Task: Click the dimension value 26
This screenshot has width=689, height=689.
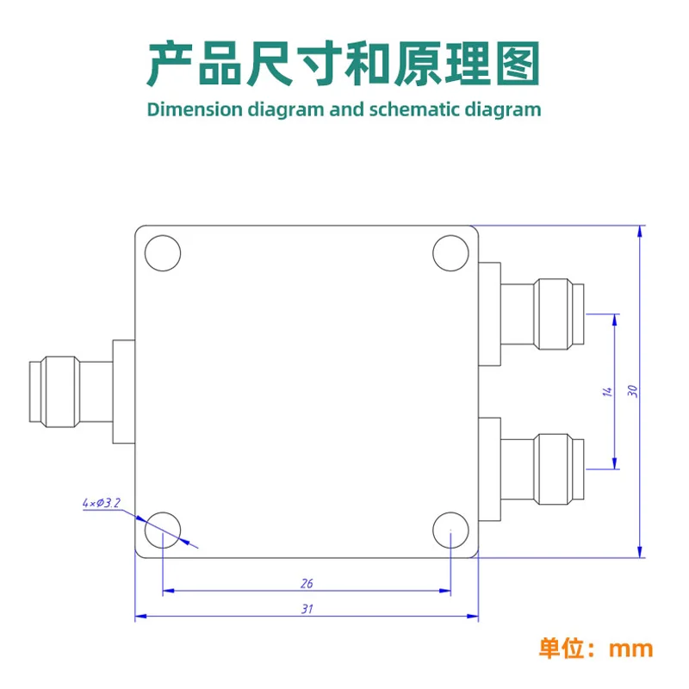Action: tap(307, 584)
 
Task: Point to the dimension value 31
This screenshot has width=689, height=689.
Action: tap(307, 609)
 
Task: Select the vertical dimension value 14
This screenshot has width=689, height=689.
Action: tap(607, 392)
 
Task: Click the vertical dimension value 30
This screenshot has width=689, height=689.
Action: tap(632, 391)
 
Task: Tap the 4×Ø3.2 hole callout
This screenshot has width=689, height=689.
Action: tap(101, 503)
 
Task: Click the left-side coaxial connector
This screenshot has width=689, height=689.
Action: tap(82, 392)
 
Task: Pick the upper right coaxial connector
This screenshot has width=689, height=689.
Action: tap(531, 314)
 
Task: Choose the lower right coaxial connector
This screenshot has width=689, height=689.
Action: tap(531, 469)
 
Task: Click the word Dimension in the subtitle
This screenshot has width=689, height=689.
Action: tap(195, 110)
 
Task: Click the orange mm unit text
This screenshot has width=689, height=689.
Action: tap(630, 649)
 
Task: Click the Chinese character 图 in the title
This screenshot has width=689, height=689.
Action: tap(518, 64)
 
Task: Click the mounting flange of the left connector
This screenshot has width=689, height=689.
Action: tap(124, 392)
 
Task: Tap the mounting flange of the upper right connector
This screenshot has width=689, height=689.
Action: tap(489, 314)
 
